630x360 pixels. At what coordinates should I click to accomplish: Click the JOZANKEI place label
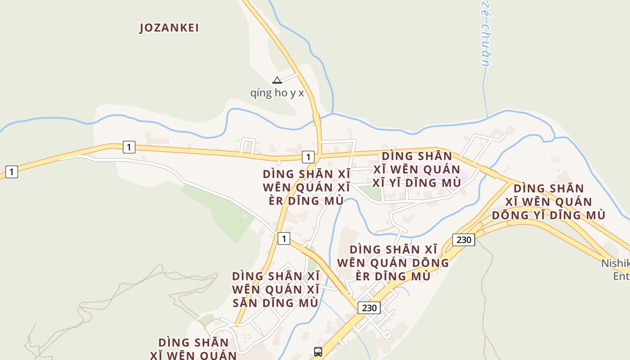point(169,28)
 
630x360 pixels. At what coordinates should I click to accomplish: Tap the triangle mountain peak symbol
point(277,81)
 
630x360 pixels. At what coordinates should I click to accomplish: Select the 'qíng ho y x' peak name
point(277,93)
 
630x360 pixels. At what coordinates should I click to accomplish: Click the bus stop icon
point(318,351)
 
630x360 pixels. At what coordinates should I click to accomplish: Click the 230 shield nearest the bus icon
point(369,308)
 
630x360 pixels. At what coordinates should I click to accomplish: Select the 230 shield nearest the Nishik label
point(463,239)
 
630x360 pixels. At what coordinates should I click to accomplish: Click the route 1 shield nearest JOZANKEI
point(129,147)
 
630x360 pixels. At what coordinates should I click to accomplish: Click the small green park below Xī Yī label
point(371,193)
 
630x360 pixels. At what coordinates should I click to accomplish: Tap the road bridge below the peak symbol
point(317,120)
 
